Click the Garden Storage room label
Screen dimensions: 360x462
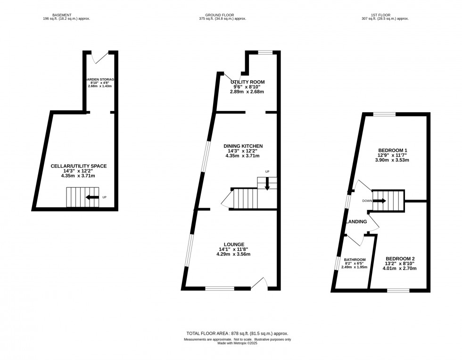100,80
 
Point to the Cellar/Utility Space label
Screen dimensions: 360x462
78,166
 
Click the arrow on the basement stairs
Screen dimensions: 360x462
92,197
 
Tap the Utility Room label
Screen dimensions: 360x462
247,82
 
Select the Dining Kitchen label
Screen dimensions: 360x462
243,146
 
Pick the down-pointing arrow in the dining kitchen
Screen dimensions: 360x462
267,184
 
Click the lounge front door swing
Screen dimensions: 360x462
260,282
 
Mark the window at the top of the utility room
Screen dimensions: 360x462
265,52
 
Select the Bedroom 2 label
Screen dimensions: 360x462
400,259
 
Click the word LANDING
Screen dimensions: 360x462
357,222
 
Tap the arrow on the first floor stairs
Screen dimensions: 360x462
380,201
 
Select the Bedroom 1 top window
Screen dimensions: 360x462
384,114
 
